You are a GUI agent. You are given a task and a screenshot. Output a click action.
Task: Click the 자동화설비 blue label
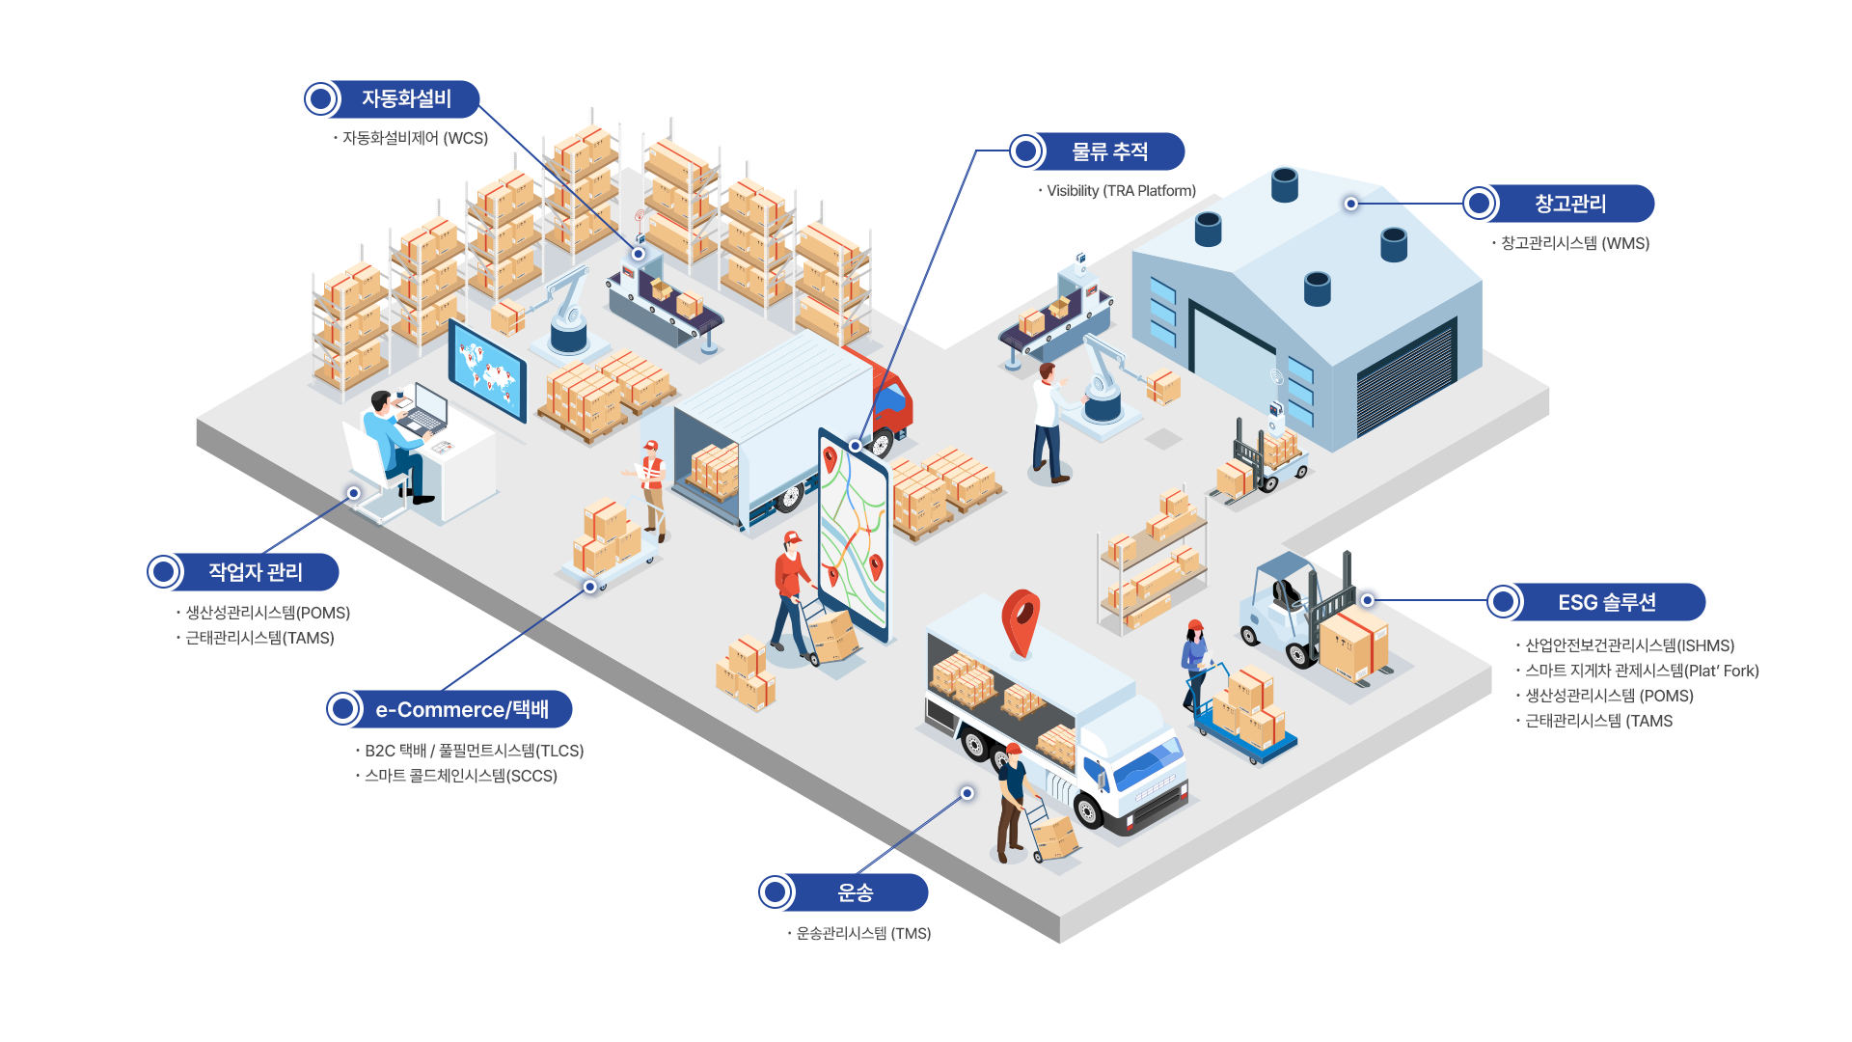pyautogui.click(x=405, y=98)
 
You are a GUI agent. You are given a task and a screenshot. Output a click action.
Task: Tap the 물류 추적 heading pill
pyautogui.click(x=1109, y=151)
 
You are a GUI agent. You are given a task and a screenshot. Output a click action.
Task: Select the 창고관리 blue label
pyautogui.click(x=1569, y=204)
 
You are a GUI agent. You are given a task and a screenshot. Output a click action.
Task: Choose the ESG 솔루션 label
pyautogui.click(x=1606, y=602)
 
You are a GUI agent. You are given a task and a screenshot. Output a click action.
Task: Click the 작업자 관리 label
pyautogui.click(x=255, y=572)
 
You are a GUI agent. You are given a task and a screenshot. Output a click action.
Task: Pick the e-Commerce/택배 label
pyautogui.click(x=461, y=709)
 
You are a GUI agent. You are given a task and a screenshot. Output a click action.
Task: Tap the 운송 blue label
pyautogui.click(x=855, y=892)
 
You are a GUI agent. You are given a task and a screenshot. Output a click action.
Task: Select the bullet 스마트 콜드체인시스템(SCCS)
pyautogui.click(x=461, y=776)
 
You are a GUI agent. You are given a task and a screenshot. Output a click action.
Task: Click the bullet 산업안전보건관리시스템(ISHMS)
pyautogui.click(x=1629, y=645)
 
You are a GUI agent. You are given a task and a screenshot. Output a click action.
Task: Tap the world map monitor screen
pyautogui.click(x=487, y=370)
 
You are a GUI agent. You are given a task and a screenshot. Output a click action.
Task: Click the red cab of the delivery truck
pyautogui.click(x=891, y=397)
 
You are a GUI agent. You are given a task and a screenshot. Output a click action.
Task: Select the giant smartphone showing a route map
pyautogui.click(x=853, y=535)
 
